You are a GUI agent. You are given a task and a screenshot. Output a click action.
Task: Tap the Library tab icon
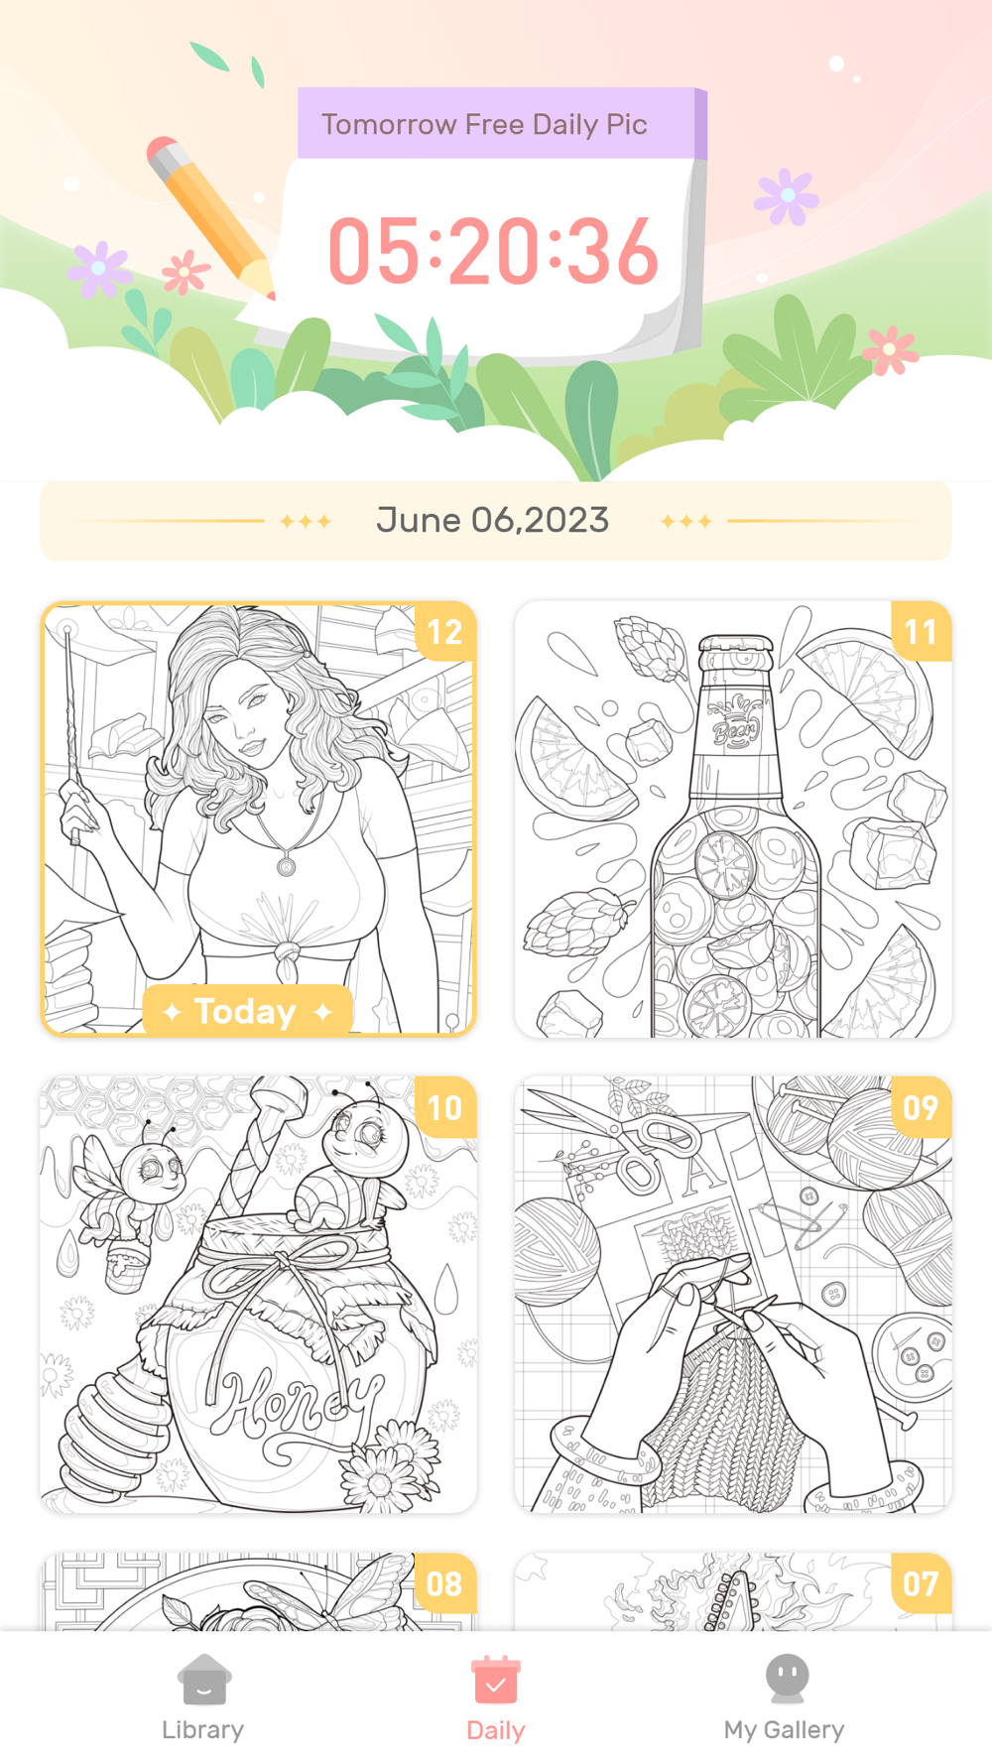203,1679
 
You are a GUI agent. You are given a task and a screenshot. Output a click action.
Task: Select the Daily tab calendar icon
496,1679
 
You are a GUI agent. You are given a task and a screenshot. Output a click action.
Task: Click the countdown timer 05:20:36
493,251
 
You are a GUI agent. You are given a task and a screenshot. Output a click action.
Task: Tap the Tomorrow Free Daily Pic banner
484,125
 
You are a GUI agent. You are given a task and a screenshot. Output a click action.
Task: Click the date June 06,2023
492,520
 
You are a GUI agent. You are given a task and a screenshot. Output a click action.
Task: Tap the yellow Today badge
248,1011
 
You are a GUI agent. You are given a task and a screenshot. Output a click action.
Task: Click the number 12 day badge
445,632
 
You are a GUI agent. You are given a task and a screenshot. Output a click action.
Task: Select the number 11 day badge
921,632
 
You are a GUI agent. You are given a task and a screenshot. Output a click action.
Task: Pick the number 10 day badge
445,1107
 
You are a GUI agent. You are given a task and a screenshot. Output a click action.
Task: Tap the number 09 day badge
921,1107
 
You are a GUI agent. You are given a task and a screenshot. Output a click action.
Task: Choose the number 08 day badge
445,1583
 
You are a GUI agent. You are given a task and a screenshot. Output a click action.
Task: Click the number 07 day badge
921,1583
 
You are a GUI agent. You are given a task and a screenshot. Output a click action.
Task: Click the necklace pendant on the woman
286,866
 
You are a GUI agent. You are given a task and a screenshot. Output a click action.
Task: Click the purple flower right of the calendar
787,195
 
